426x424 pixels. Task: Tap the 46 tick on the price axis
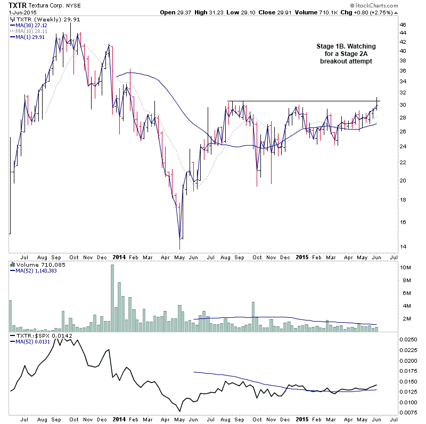coord(403,25)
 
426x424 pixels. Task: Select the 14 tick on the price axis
coord(403,247)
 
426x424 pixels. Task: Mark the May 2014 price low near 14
coord(181,246)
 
